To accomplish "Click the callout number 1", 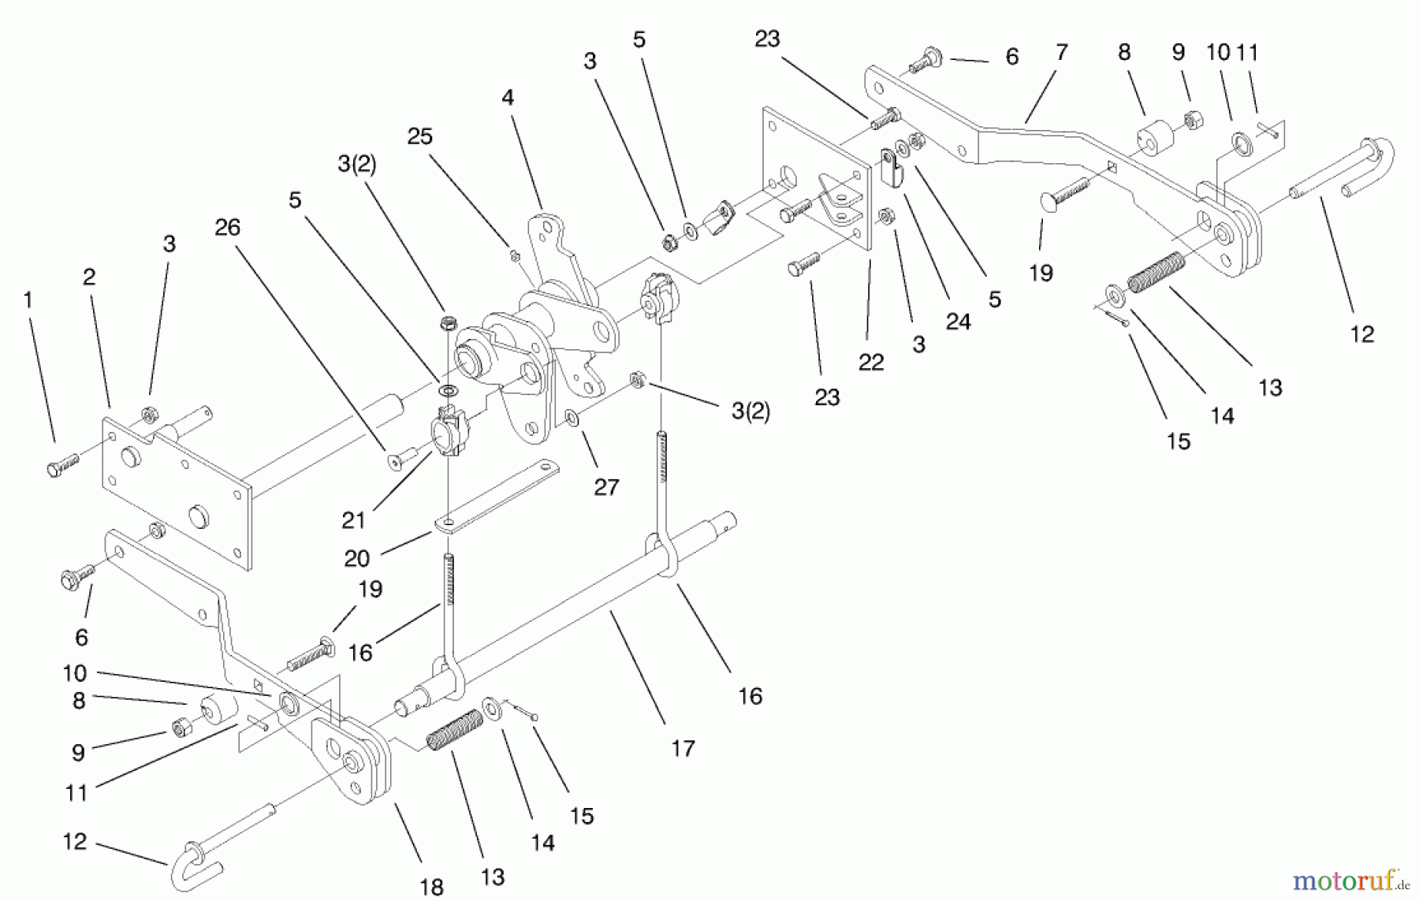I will (28, 300).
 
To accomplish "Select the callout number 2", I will (88, 277).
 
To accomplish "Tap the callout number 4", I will (507, 98).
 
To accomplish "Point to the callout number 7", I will (1061, 53).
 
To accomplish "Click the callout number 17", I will (683, 748).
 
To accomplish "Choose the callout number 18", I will (431, 887).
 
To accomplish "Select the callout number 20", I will (356, 558).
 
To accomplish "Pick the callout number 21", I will (353, 520).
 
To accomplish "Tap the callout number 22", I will (870, 362).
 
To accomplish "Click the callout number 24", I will (958, 322).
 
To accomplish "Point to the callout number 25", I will (419, 136).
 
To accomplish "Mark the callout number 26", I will (227, 228).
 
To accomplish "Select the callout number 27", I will (605, 487).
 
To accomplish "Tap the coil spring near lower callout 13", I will (455, 730).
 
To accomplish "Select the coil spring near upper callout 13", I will (1156, 273).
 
